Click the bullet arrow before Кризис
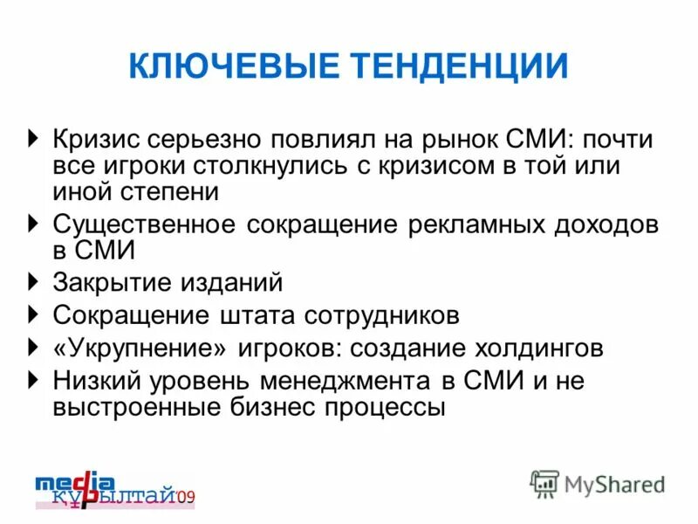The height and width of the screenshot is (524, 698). click(x=33, y=139)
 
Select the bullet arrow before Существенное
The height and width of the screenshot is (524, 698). click(x=33, y=224)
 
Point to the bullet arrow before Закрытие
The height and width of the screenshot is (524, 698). click(x=33, y=281)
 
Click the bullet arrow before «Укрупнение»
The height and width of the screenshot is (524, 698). click(x=33, y=348)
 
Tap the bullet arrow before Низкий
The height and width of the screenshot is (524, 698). click(x=33, y=379)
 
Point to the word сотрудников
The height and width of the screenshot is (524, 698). click(x=384, y=314)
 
